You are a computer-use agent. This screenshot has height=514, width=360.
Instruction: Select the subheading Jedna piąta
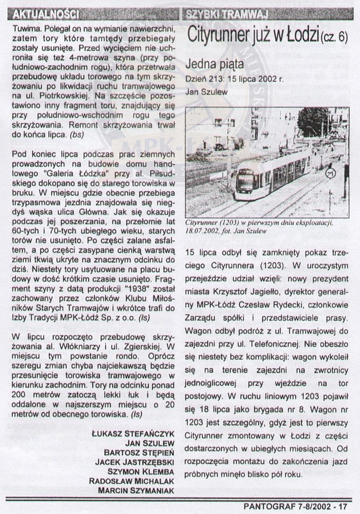point(215,63)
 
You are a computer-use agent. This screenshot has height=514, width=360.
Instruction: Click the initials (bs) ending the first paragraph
point(76,134)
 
